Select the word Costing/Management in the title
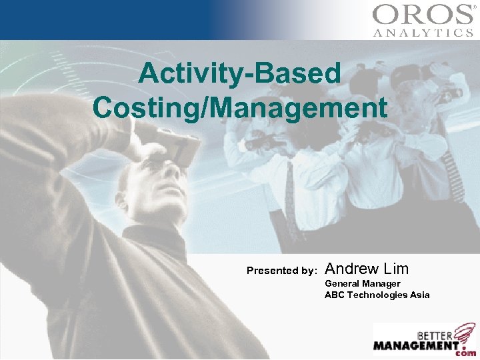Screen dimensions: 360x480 (x=240, y=107)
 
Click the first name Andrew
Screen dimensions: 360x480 (x=351, y=269)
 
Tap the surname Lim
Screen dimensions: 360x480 (x=396, y=269)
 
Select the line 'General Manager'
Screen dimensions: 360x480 (x=362, y=283)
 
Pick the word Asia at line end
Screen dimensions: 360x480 (x=420, y=295)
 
